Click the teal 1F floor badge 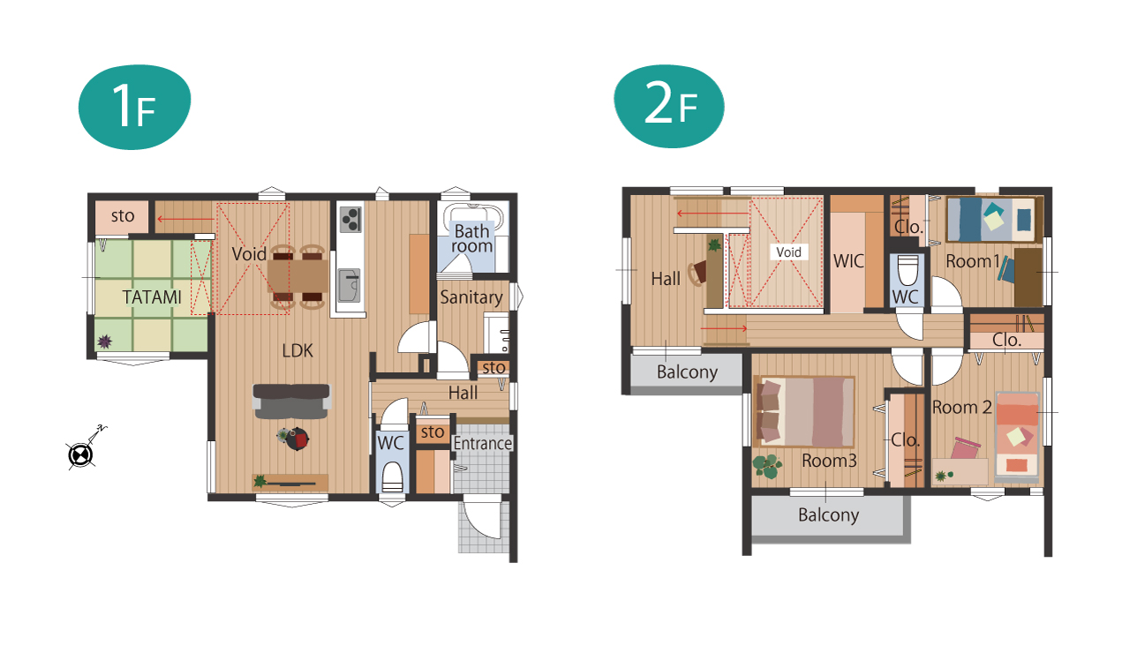click(135, 107)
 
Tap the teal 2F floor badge click(669, 106)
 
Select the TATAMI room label click(152, 297)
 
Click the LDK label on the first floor click(298, 350)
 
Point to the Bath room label click(472, 238)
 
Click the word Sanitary click(471, 297)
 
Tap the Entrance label click(483, 443)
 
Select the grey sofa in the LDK click(291, 402)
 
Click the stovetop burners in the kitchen click(350, 220)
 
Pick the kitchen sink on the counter click(349, 285)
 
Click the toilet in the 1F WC click(392, 477)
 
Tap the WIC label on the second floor click(848, 261)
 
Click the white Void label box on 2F click(789, 251)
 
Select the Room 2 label click(961, 407)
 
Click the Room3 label click(829, 461)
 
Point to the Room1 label click(973, 261)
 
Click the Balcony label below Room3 click(828, 514)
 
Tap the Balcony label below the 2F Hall click(687, 372)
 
